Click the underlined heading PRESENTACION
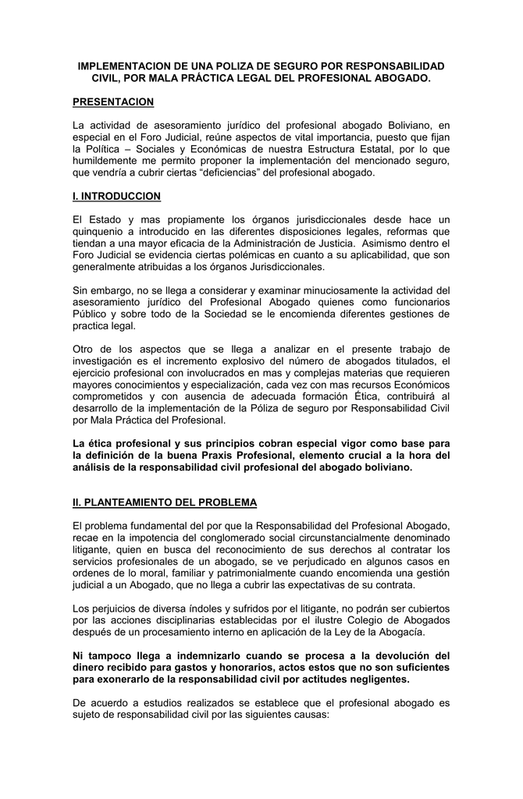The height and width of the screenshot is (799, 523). pos(112,103)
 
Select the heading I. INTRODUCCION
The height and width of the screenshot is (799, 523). pos(116,195)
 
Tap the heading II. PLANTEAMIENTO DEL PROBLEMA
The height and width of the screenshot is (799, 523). pos(164,501)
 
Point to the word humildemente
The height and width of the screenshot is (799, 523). pos(109,160)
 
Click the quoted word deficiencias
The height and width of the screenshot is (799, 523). pos(197,172)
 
